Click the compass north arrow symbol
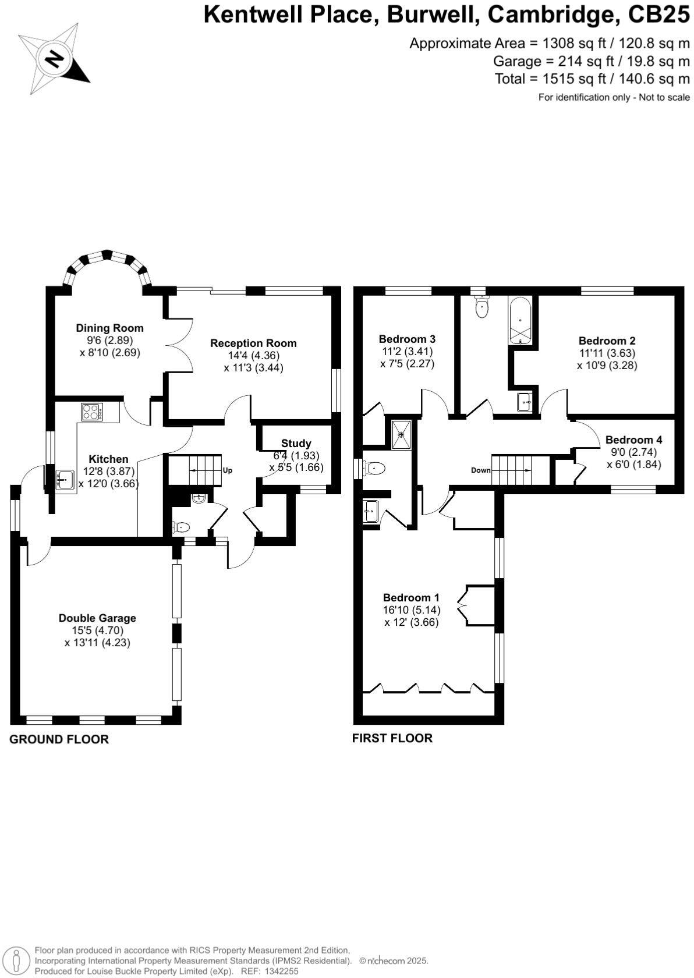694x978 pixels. (x=54, y=59)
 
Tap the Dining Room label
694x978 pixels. (x=109, y=328)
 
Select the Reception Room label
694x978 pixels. (x=253, y=343)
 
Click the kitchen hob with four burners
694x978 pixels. (x=91, y=412)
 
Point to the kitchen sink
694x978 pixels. (x=65, y=480)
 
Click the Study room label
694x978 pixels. (x=296, y=444)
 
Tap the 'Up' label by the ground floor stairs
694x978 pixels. (x=228, y=470)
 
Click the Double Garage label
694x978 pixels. (x=97, y=618)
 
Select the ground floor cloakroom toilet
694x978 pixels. (x=181, y=527)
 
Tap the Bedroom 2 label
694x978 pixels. (x=607, y=341)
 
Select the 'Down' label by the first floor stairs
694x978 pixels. (x=481, y=470)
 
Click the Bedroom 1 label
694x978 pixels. (x=411, y=598)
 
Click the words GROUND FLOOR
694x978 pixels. (x=59, y=739)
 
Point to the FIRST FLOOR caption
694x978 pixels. (x=392, y=738)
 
